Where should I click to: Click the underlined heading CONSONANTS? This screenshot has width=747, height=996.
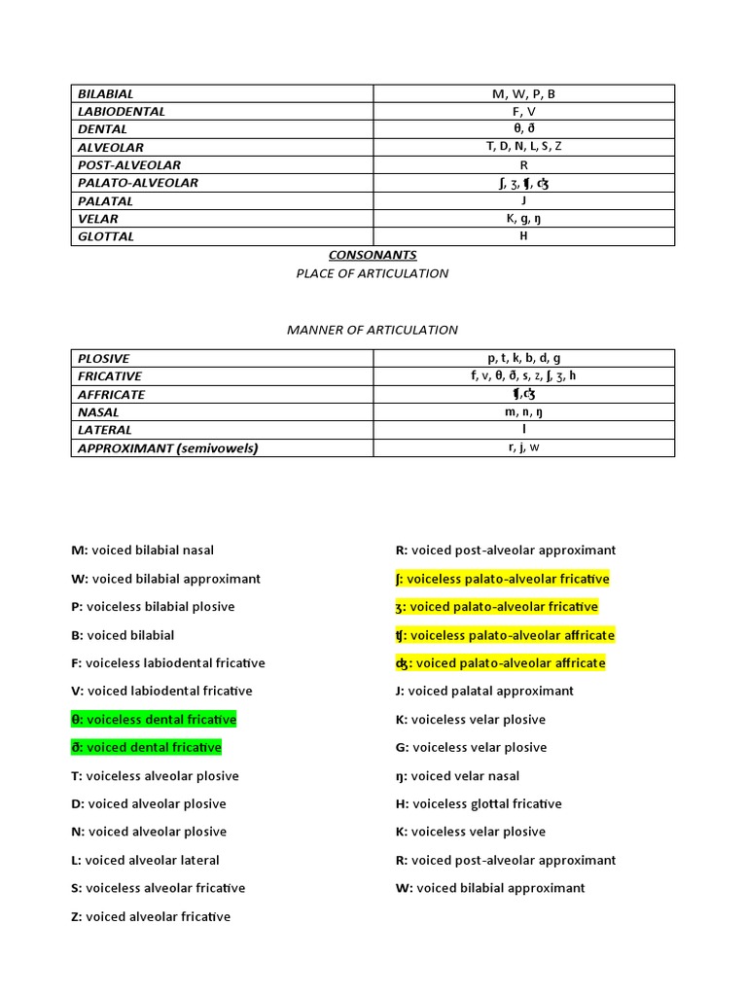pyautogui.click(x=373, y=256)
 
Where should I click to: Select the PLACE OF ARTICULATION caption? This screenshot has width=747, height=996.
pyautogui.click(x=373, y=273)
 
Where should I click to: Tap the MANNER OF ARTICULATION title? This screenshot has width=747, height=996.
pyautogui.click(x=373, y=330)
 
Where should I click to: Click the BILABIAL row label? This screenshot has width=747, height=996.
pyautogui.click(x=106, y=93)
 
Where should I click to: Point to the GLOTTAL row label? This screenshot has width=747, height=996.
pyautogui.click(x=106, y=236)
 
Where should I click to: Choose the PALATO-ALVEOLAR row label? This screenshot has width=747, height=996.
pyautogui.click(x=138, y=183)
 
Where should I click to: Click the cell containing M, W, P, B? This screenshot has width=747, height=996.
pyautogui.click(x=523, y=93)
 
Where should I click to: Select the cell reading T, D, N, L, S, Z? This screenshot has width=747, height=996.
pyautogui.click(x=523, y=147)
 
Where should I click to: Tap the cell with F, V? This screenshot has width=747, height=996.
pyautogui.click(x=523, y=111)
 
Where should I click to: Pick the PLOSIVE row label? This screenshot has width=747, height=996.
pyautogui.click(x=104, y=358)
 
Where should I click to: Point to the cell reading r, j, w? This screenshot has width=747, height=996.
pyautogui.click(x=523, y=447)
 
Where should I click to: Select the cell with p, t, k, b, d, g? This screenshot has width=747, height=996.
pyautogui.click(x=523, y=358)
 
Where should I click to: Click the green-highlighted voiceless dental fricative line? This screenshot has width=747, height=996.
pyautogui.click(x=154, y=720)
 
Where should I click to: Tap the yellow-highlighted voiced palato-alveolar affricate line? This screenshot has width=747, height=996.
pyautogui.click(x=494, y=663)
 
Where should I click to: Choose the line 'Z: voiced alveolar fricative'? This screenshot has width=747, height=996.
pyautogui.click(x=151, y=916)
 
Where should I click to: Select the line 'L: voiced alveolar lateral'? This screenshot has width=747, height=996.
pyautogui.click(x=145, y=861)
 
